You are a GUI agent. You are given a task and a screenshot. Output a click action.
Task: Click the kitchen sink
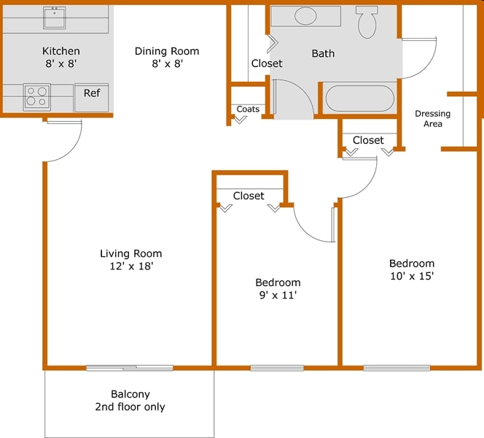pos(55,18)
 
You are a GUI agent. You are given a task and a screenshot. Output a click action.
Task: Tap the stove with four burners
pos(36,96)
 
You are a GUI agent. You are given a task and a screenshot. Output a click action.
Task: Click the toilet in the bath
pos(367,22)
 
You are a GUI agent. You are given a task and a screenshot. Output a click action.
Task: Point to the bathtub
pos(359,98)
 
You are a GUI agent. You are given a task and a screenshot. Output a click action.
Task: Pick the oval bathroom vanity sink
pos(305,16)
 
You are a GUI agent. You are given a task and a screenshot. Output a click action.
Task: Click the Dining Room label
pos(167,51)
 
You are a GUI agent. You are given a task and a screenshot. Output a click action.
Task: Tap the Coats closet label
pos(248,109)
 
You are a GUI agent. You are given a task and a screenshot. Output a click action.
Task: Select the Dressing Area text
pos(432,118)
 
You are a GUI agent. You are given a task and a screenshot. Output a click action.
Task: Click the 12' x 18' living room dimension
pos(131,266)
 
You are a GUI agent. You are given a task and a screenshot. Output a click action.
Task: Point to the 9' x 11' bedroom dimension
pos(277,296)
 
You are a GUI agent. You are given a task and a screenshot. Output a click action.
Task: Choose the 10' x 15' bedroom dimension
pos(412,277)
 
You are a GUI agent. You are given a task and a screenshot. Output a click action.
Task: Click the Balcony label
pos(130,394)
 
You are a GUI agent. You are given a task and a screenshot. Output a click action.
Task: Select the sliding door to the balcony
pos(130,367)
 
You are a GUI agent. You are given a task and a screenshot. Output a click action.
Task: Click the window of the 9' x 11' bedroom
pos(277,367)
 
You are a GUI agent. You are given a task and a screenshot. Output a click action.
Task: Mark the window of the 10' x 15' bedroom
pos(397,367)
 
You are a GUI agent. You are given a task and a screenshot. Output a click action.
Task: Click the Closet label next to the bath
pos(267,64)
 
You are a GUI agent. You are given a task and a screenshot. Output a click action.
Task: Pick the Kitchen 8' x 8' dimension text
pos(60,64)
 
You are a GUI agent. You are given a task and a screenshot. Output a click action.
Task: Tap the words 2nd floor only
pos(130,407)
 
